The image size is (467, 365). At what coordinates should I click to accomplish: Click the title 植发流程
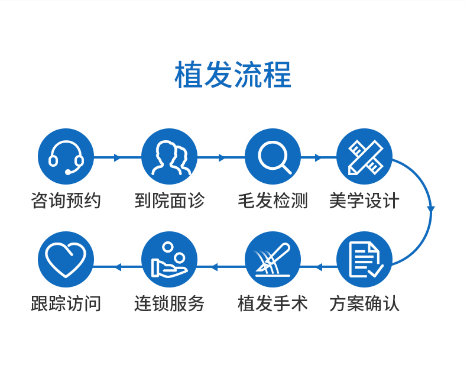point(233,75)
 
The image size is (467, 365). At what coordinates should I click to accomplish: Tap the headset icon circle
point(66,156)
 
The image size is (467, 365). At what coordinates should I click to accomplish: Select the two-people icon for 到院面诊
point(169,156)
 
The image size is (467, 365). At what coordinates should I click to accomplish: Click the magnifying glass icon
point(273,156)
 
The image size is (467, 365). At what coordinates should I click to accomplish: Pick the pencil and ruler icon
point(364,156)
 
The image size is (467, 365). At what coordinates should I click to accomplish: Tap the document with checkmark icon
point(364,260)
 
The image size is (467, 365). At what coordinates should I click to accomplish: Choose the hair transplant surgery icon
point(273,260)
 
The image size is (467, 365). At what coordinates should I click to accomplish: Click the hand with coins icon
point(169,260)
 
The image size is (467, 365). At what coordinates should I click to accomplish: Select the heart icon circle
point(66,260)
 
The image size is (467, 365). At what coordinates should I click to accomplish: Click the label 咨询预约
point(66,200)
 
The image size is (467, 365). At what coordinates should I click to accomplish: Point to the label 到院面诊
point(169,200)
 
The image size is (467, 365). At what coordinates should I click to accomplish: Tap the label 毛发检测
point(273,200)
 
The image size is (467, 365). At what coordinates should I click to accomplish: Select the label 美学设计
point(364,200)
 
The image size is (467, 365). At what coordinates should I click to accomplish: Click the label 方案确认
point(364,303)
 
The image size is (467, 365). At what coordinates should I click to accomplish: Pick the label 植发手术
point(273,303)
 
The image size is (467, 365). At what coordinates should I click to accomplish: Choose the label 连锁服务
point(169,303)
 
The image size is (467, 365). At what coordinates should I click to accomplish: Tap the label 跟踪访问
point(66,303)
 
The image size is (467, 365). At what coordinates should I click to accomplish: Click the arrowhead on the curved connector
point(431,209)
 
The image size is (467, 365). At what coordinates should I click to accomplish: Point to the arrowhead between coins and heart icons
point(118,267)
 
